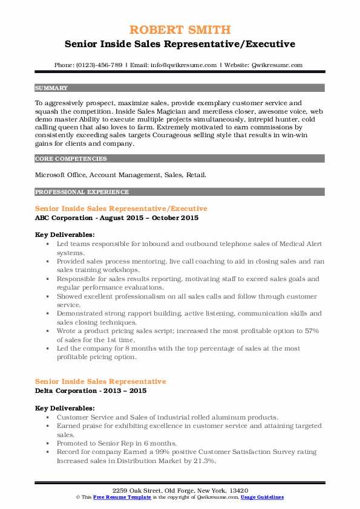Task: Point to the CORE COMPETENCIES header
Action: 71,159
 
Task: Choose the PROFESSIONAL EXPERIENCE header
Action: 82,192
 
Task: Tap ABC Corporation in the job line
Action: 64,218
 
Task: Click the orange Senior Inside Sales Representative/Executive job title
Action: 121,209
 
